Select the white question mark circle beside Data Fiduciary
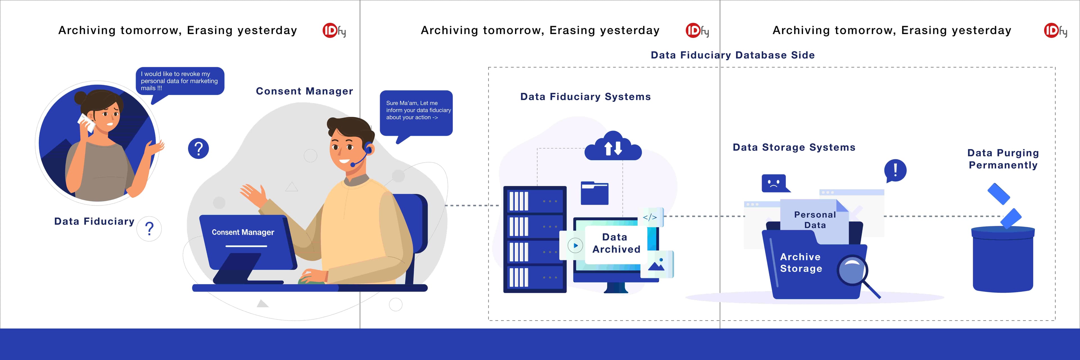click(x=149, y=229)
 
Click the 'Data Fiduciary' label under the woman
click(x=94, y=221)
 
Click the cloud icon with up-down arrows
click(x=613, y=146)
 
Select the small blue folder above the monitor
click(x=595, y=193)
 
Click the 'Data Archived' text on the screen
click(x=616, y=243)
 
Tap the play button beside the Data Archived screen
click(x=575, y=246)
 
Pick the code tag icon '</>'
click(x=650, y=217)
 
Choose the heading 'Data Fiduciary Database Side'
click(x=732, y=55)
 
